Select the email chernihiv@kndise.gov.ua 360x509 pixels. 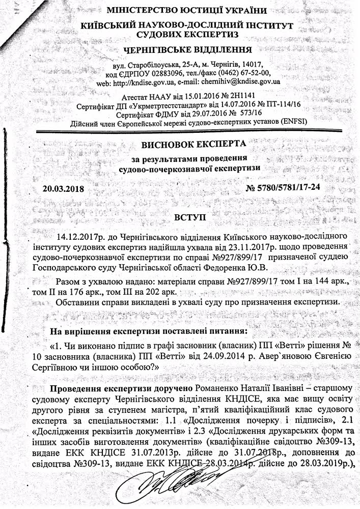[237, 81]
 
